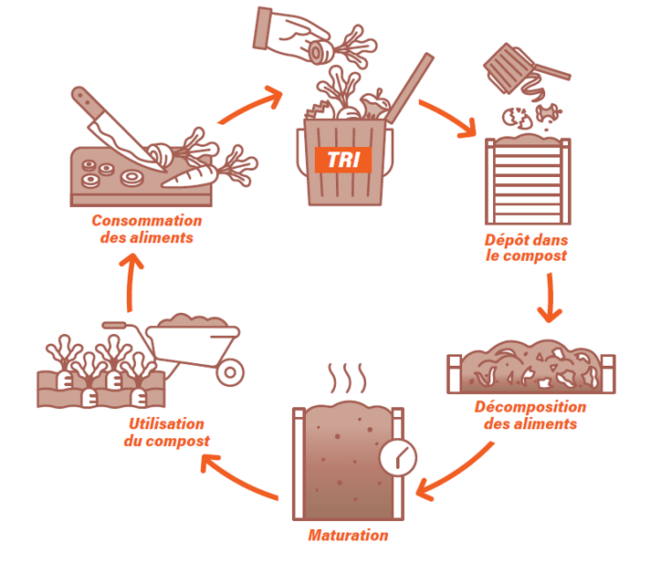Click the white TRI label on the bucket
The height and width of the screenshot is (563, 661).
click(x=342, y=159)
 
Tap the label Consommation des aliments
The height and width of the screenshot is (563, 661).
click(x=146, y=229)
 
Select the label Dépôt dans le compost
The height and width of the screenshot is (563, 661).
click(x=526, y=248)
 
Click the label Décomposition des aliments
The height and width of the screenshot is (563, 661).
click(x=530, y=415)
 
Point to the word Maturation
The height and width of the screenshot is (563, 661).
click(x=348, y=536)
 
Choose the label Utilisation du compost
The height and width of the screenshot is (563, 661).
click(x=166, y=433)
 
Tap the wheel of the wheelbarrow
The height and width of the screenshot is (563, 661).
click(x=232, y=370)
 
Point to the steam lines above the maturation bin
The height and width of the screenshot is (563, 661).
click(x=348, y=377)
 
